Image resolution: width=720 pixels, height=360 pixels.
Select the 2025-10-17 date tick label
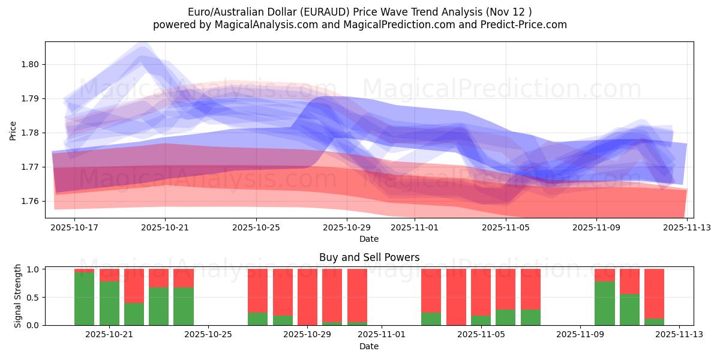[74, 228]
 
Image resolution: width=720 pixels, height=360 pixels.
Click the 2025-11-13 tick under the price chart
[687, 228]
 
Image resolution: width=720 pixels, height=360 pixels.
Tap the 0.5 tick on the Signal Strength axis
[34, 298]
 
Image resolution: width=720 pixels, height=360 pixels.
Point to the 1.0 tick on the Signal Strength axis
[34, 269]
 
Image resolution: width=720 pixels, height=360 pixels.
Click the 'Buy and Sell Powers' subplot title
[369, 258]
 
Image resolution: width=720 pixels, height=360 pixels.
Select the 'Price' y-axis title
[13, 130]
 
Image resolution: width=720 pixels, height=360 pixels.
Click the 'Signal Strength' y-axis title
[18, 296]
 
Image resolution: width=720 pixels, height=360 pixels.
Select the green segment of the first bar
[85, 299]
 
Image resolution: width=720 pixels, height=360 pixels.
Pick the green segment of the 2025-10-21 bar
[109, 303]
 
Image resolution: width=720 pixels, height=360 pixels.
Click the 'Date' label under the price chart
[369, 239]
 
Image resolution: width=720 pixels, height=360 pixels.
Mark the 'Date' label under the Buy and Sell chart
[369, 346]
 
